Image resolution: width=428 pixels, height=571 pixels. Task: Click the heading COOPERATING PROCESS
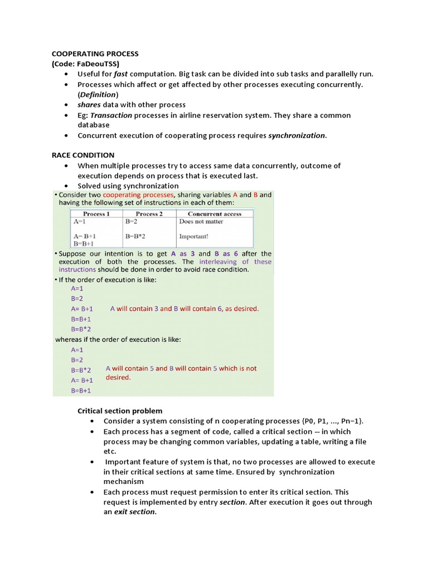pyautogui.click(x=95, y=54)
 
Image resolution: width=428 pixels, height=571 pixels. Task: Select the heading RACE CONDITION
pyautogui.click(x=83, y=155)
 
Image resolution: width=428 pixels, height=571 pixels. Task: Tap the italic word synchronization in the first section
pyautogui.click(x=296, y=135)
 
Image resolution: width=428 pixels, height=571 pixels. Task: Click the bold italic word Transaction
pyautogui.click(x=111, y=115)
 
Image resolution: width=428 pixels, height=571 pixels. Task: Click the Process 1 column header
pyautogui.click(x=96, y=214)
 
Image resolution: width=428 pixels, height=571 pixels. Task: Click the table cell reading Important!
pyautogui.click(x=194, y=236)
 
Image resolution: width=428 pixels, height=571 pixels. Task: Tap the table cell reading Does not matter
pyautogui.click(x=201, y=221)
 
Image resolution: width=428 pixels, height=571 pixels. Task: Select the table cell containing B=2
pyautogui.click(x=131, y=221)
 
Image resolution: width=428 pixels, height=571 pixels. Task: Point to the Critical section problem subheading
pyautogui.click(x=120, y=411)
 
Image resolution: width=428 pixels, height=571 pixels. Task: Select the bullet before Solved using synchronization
pyautogui.click(x=66, y=186)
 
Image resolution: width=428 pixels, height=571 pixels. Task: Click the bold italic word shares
pyautogui.click(x=90, y=104)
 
